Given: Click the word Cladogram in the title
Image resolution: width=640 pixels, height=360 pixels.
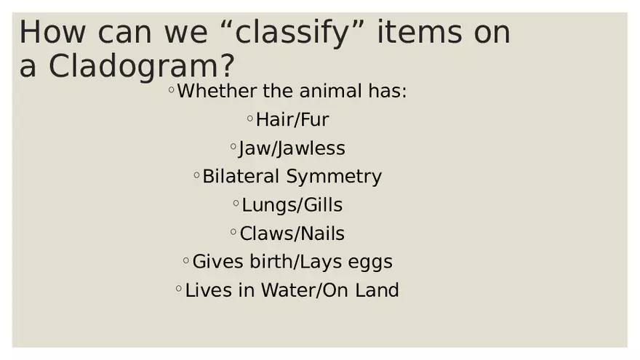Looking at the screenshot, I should click(x=142, y=66).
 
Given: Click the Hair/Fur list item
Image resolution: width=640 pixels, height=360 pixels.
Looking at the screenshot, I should click(x=292, y=120).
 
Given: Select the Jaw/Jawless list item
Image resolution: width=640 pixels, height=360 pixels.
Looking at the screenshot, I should click(x=292, y=148).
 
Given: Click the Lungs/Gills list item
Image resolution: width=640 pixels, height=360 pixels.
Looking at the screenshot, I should click(x=292, y=205).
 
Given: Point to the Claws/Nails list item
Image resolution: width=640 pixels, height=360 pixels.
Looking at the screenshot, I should click(x=292, y=233).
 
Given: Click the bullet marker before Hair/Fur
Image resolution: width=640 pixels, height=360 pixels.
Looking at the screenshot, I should click(x=250, y=118).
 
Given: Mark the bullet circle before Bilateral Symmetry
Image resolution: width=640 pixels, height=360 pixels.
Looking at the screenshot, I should click(x=196, y=175).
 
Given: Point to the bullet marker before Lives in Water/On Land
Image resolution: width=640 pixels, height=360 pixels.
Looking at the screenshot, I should click(x=179, y=289).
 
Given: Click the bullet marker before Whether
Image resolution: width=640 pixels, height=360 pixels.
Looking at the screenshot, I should click(x=171, y=90).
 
